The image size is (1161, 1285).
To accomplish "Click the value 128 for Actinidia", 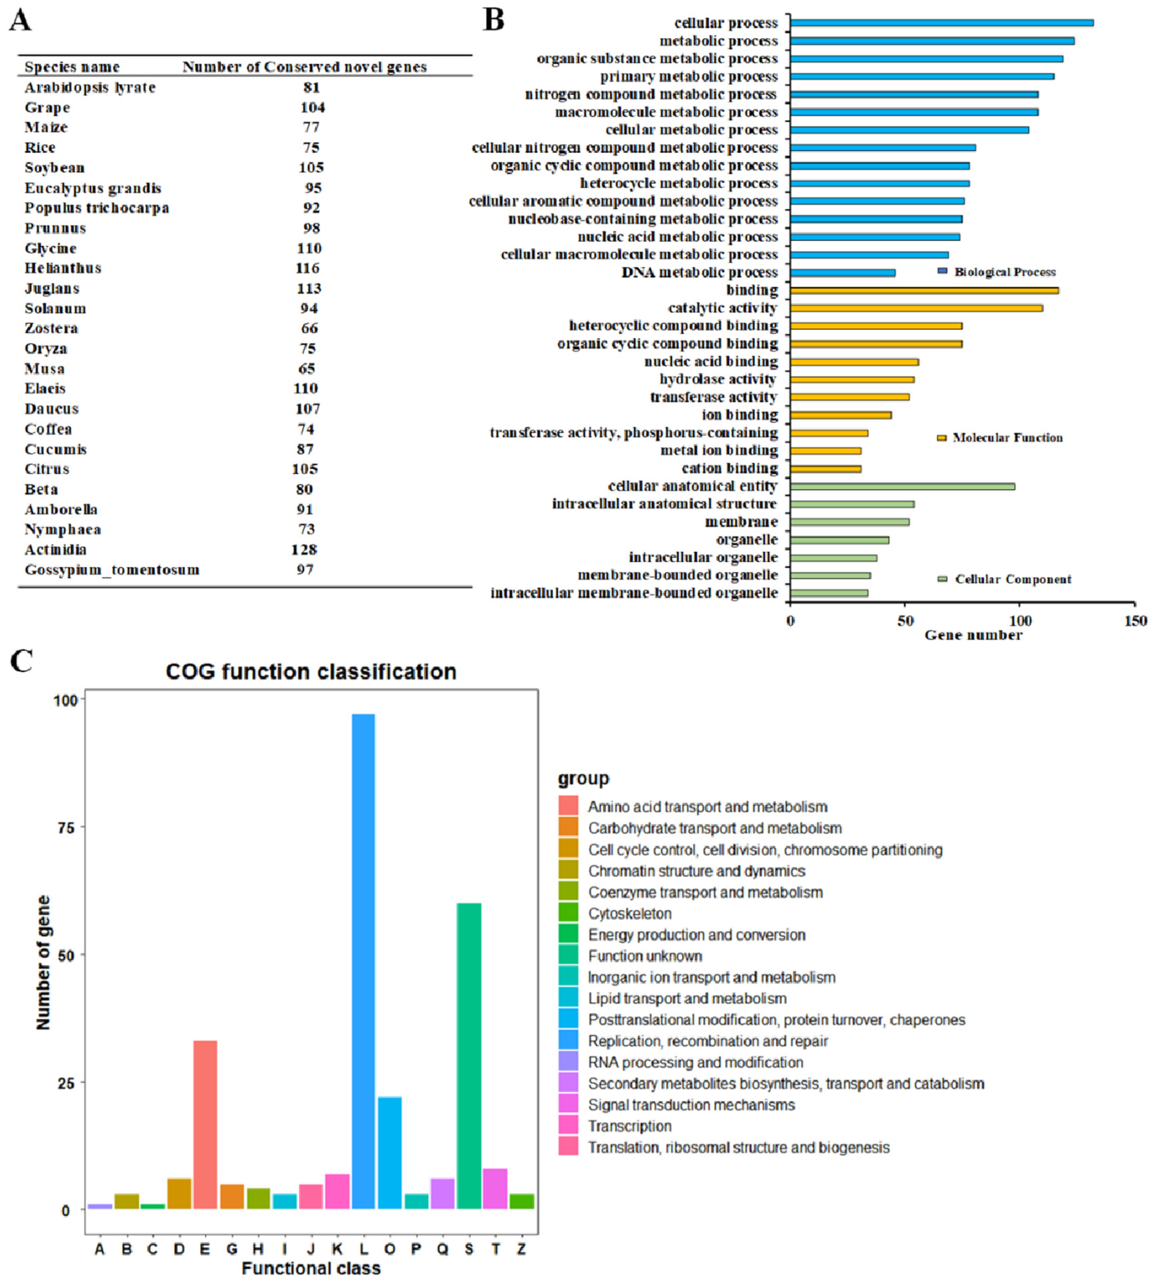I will coord(304,549).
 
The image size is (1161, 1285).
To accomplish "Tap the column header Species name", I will coord(72,67).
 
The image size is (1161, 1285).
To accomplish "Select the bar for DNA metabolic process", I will coord(842,273).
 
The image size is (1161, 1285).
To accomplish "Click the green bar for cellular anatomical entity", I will coord(902,486).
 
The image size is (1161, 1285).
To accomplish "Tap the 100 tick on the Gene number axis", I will coord(1020,621).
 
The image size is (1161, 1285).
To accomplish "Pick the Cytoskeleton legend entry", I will coord(629,913).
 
